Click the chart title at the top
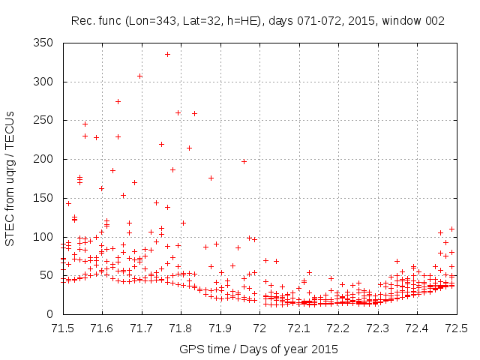pyautogui.click(x=258, y=21)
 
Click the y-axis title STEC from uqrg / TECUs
pyautogui.click(x=10, y=178)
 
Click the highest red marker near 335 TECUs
pyautogui.click(x=167, y=54)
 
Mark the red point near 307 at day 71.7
pyautogui.click(x=139, y=76)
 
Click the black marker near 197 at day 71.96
pyautogui.click(x=244, y=161)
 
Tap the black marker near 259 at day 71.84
pyautogui.click(x=194, y=113)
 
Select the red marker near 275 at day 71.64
pyautogui.click(x=118, y=101)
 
